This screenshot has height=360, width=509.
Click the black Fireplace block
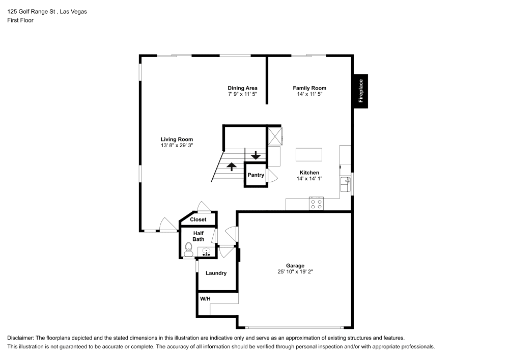[x=360, y=91]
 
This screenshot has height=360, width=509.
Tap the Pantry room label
[x=256, y=175]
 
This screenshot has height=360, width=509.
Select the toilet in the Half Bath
[x=188, y=249]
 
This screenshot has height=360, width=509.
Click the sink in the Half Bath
[x=206, y=251]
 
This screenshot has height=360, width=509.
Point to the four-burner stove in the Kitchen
[x=316, y=204]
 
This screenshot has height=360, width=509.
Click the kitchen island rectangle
[x=309, y=154]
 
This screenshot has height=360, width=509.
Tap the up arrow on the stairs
[x=231, y=167]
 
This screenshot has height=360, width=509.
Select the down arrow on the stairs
[x=256, y=155]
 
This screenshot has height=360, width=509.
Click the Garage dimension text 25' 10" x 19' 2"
[x=295, y=272]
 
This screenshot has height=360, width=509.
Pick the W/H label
[x=205, y=298]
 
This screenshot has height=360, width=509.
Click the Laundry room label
[x=216, y=273]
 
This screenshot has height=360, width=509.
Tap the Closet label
[x=198, y=219]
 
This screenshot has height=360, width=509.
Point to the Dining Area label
[x=242, y=88]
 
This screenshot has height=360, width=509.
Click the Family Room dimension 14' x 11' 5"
[x=309, y=94]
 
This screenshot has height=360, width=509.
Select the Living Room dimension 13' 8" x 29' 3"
[x=177, y=146]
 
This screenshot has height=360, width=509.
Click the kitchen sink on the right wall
[x=347, y=182]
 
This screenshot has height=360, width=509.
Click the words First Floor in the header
[x=20, y=20]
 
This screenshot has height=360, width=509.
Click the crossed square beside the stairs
[x=275, y=135]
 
